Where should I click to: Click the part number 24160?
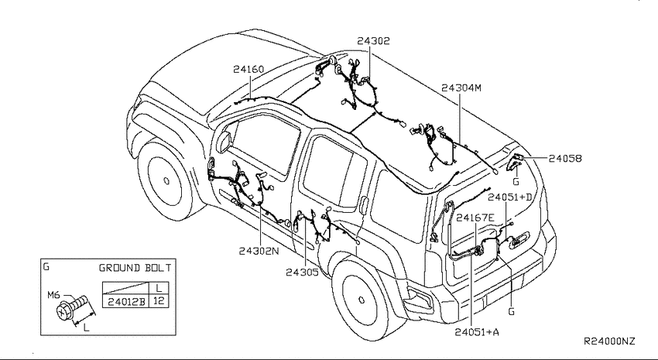pyautogui.click(x=248, y=69)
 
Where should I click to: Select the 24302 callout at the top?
pyautogui.click(x=373, y=41)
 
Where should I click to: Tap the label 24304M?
pyautogui.click(x=461, y=87)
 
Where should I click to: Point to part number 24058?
pyautogui.click(x=565, y=158)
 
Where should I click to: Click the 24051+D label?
pyautogui.click(x=509, y=197)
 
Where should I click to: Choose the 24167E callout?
pyautogui.click(x=475, y=218)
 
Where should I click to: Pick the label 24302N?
pyautogui.click(x=259, y=251)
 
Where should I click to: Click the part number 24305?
pyautogui.click(x=302, y=273)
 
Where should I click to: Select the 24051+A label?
pyautogui.click(x=477, y=332)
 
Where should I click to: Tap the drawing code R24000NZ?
pyautogui.click(x=610, y=341)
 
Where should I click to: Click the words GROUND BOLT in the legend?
pyautogui.click(x=135, y=268)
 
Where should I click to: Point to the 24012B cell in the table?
pyautogui.click(x=126, y=301)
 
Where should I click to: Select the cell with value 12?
pyautogui.click(x=159, y=301)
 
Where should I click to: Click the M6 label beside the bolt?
pyautogui.click(x=53, y=295)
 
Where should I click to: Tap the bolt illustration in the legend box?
pyautogui.click(x=72, y=307)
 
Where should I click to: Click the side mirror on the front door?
pyautogui.click(x=224, y=141)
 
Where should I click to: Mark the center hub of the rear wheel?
pyautogui.click(x=362, y=300)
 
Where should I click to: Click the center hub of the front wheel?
pyautogui.click(x=166, y=181)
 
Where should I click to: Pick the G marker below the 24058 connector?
pyautogui.click(x=516, y=182)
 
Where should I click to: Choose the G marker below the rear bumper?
pyautogui.click(x=511, y=312)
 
